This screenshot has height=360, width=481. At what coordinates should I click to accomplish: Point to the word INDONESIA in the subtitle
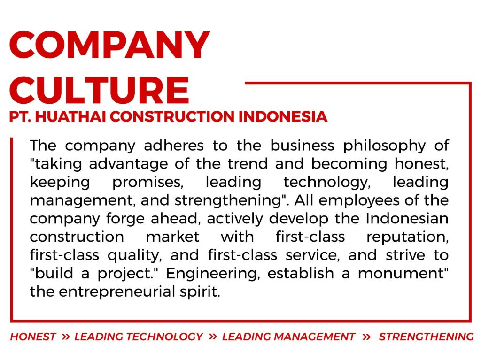point(283,116)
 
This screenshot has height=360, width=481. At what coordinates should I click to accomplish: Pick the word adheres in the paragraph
point(174,146)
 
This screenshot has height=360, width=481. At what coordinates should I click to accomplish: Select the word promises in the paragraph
point(148,183)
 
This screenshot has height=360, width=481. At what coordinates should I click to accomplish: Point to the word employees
point(359,201)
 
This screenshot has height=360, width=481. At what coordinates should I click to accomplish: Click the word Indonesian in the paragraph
point(407,218)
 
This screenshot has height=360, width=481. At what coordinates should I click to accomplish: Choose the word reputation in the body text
point(408,237)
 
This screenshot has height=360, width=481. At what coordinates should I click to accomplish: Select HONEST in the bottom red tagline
point(33,337)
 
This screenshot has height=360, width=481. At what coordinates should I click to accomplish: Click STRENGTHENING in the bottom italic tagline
point(426,337)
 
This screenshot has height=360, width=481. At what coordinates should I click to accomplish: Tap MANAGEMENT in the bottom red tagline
point(314,337)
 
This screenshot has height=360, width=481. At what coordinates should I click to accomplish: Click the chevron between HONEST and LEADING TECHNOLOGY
point(65,337)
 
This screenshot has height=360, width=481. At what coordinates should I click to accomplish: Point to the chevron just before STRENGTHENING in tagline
point(366,337)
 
